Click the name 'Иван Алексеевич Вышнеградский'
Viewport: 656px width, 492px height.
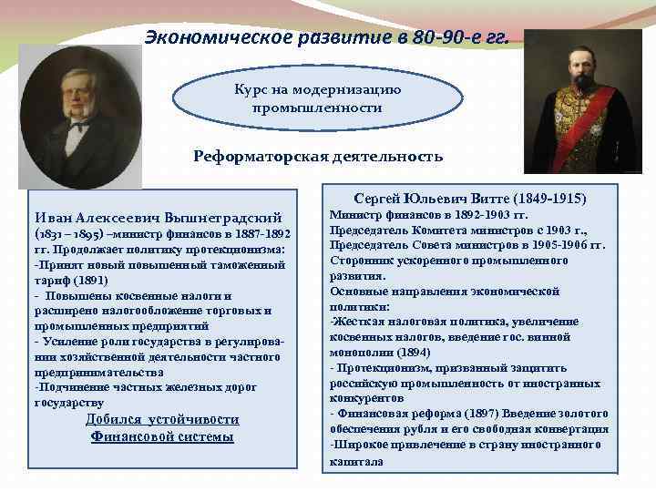[x=157, y=218]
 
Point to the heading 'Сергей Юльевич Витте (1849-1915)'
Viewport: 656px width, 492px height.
[x=470, y=198]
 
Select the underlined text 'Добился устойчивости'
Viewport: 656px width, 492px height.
[x=162, y=419]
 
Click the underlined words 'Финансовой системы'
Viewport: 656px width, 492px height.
[x=162, y=436]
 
